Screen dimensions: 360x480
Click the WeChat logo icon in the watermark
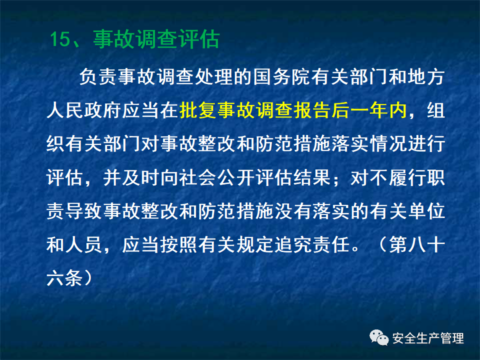pos(379,338)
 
